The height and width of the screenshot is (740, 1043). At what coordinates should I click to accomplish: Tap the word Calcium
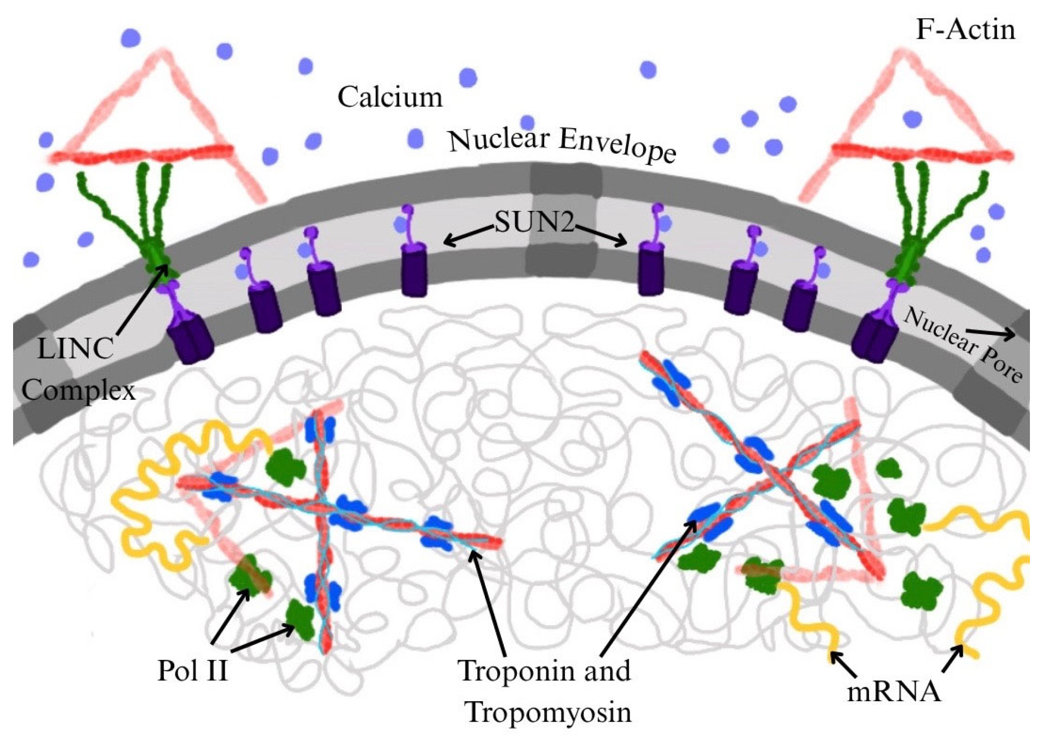(x=390, y=98)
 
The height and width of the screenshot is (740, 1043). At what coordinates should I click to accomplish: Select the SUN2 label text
(x=534, y=224)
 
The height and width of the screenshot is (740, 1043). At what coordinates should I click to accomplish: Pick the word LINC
(x=75, y=350)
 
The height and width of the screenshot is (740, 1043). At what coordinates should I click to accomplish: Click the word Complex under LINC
(x=79, y=390)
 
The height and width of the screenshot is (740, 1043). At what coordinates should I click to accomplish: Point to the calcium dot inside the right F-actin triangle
(x=912, y=119)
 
